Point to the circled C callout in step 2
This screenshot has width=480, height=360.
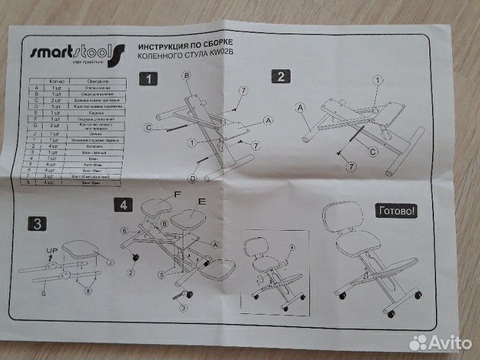[373, 151]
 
